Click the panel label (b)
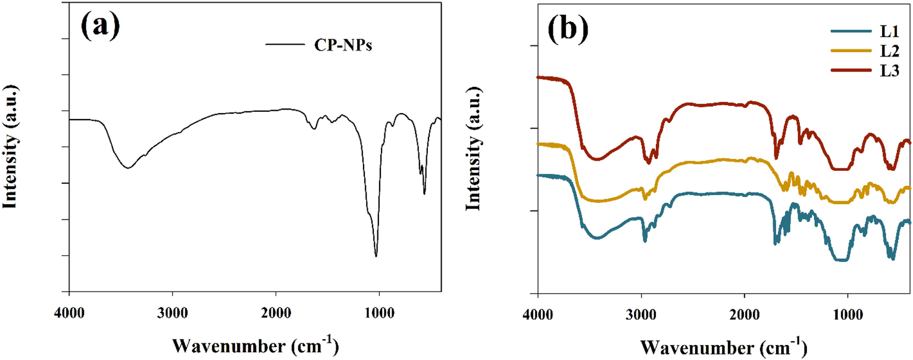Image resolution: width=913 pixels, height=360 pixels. (x=567, y=27)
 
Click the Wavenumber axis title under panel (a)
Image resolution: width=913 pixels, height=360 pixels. (x=255, y=345)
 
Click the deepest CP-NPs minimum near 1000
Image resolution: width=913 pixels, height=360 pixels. (x=376, y=256)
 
